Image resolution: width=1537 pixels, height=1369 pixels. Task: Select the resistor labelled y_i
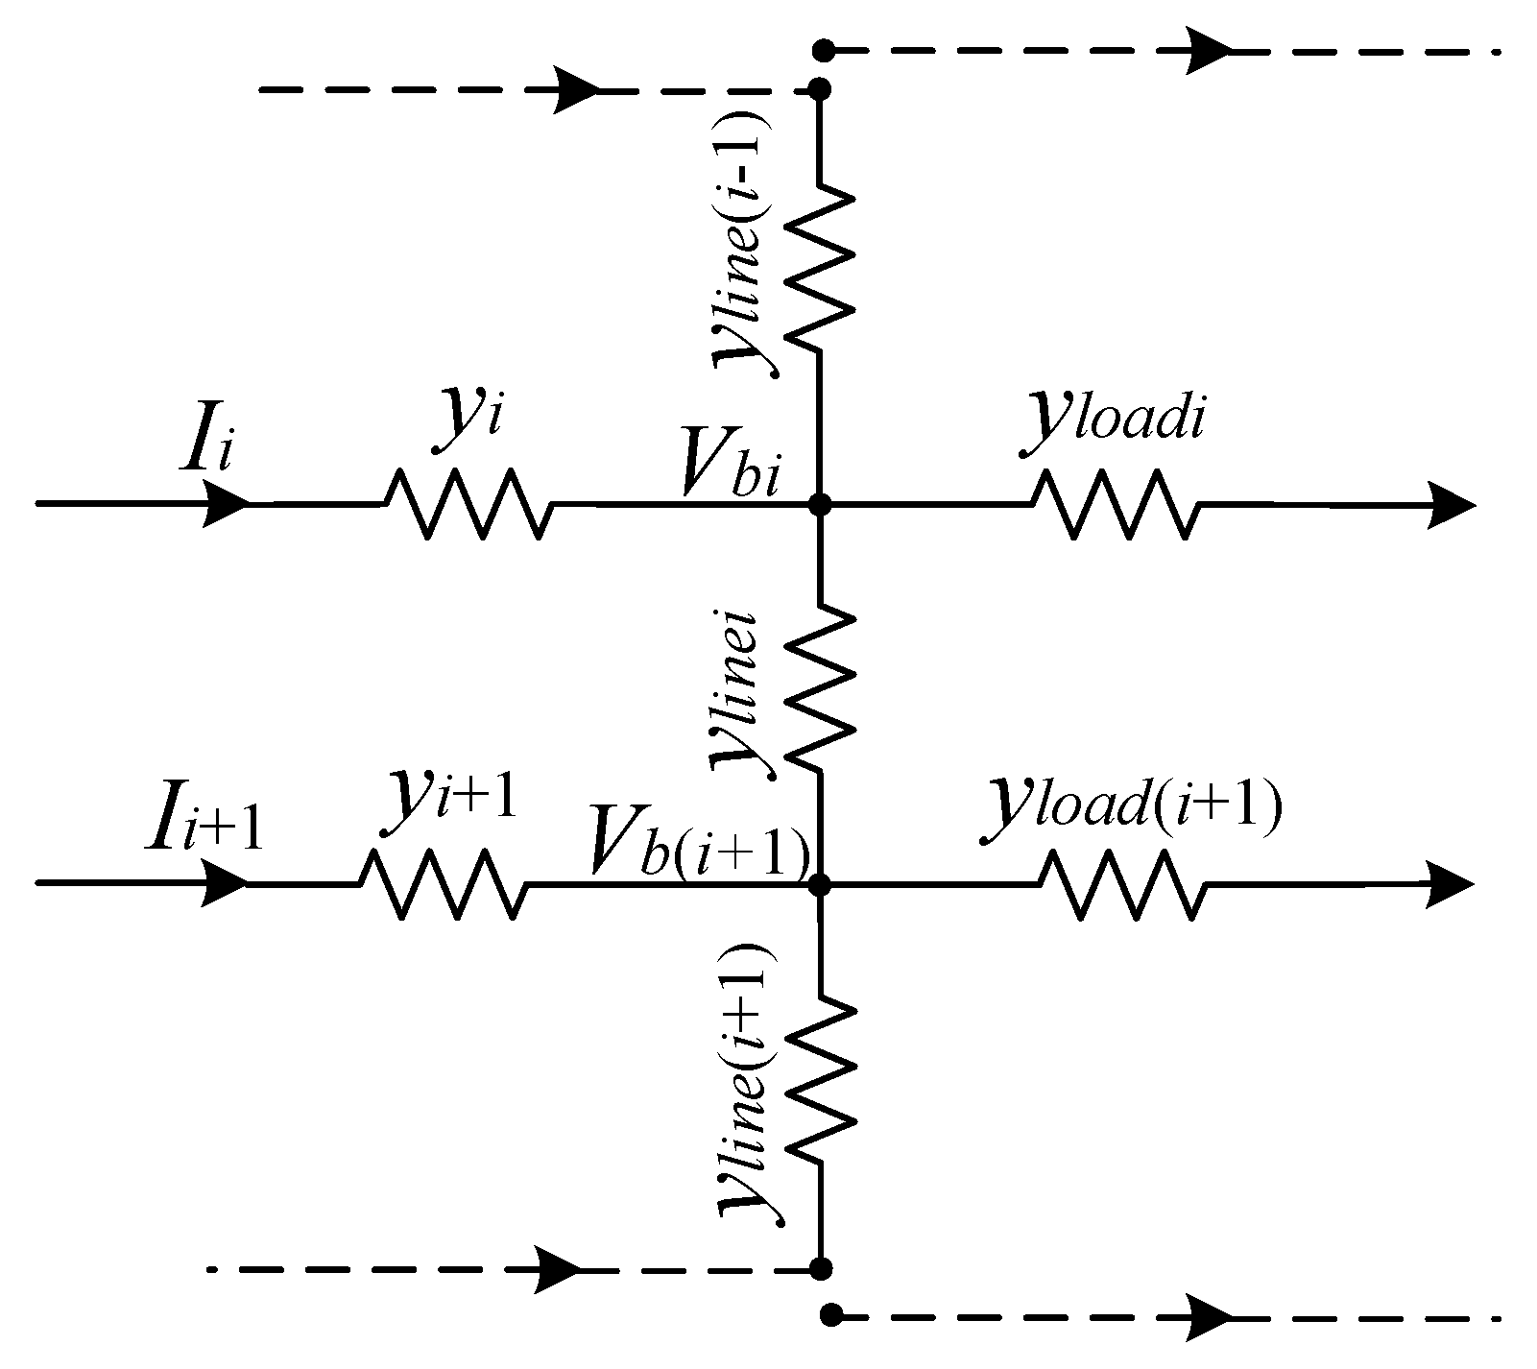(x=468, y=502)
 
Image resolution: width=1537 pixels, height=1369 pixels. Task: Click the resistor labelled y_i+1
(x=444, y=882)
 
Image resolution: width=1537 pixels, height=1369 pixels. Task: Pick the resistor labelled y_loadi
(x=1115, y=502)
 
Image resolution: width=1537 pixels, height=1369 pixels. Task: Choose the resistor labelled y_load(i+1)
(x=1122, y=882)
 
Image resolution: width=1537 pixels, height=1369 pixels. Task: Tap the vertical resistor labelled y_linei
(x=819, y=686)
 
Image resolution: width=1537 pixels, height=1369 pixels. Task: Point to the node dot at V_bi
(x=820, y=502)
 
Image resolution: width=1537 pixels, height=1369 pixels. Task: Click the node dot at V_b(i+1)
(x=820, y=883)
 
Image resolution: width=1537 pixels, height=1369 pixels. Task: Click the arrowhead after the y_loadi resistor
(x=1450, y=503)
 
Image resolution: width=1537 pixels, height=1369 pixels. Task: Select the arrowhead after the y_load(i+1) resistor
(x=1450, y=883)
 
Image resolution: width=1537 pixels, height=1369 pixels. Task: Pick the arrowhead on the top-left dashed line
(x=576, y=90)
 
